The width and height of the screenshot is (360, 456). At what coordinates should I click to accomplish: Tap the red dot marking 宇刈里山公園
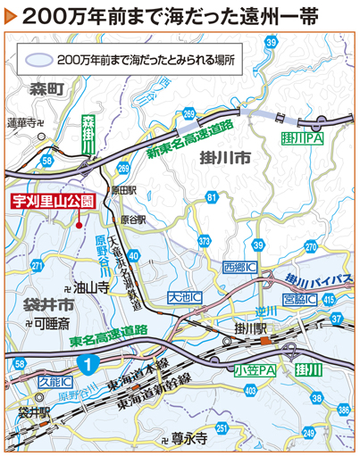pos(83,226)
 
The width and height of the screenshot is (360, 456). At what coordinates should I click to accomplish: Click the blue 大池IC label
pos(184,295)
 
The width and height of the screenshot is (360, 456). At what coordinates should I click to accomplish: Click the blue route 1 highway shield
pos(86,363)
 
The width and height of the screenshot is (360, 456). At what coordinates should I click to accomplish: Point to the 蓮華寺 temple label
pos(26,122)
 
